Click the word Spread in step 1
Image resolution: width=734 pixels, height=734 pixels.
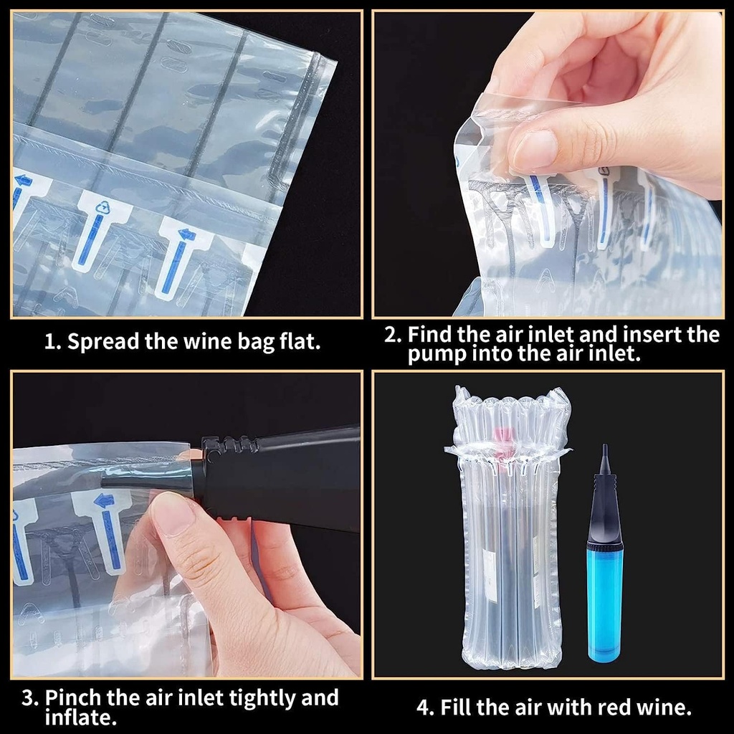pos(103,341)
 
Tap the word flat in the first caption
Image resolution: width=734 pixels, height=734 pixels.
pos(299,341)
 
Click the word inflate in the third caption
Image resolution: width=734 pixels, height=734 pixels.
pos(78,718)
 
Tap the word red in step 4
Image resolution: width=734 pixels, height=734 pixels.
pos(580,708)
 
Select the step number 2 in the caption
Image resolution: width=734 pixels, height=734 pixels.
pos(391,335)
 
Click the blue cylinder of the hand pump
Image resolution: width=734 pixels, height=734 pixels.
pos(604,602)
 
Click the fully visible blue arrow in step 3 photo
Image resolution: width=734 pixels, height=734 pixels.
pos(108,530)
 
